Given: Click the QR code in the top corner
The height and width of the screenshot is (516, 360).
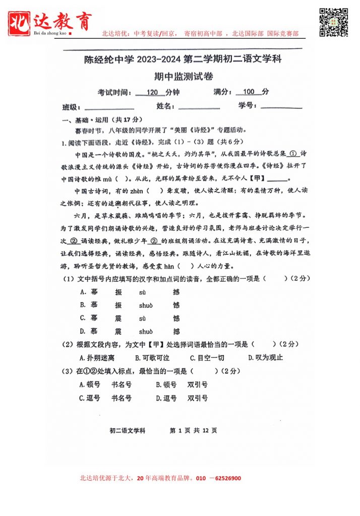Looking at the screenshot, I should coord(334,22).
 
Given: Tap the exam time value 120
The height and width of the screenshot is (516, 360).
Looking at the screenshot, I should coord(152,92).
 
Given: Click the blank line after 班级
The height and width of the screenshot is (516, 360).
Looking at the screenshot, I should coord(109,108).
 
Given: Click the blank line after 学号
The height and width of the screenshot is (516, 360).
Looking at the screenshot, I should coord(281,107).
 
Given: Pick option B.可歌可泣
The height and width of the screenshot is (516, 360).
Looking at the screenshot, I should coord(152,358).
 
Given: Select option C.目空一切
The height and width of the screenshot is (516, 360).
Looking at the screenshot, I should coord(207,358).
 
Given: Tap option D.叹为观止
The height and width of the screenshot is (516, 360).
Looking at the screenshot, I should coord(266,358).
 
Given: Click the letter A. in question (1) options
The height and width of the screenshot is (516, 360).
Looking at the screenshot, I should coord(83,292).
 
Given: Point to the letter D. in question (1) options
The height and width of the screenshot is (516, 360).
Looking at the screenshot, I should coord(83,331).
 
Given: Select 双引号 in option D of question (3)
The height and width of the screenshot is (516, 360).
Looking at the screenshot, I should coord(198,398).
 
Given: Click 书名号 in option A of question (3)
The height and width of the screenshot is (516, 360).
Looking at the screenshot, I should coord(122,384).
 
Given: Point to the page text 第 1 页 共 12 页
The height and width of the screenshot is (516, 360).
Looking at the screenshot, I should coord(194,431).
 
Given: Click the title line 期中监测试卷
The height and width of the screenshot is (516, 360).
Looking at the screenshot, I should coord(184,76).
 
